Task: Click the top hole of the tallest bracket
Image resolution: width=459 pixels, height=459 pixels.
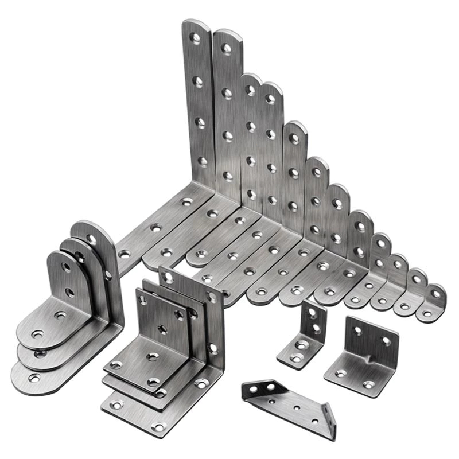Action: (196, 38)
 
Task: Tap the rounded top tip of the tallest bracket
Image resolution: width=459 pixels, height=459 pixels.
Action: (195, 23)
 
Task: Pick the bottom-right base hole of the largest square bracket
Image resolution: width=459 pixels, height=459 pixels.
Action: (201, 383)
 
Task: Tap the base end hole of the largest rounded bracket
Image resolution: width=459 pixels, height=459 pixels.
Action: (34, 378)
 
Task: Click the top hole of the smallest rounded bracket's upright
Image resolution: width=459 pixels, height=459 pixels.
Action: (67, 267)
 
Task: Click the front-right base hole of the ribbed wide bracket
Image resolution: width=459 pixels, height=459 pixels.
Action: (368, 384)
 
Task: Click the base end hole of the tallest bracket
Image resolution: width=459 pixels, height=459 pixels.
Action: (124, 252)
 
